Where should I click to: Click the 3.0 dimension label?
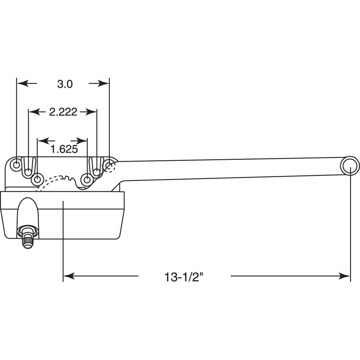65,84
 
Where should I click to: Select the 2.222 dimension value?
63,112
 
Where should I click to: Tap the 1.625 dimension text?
64,149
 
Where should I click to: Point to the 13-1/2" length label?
184,277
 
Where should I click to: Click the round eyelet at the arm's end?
349,166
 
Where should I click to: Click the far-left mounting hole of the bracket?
17,165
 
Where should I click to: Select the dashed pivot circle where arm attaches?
109,166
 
